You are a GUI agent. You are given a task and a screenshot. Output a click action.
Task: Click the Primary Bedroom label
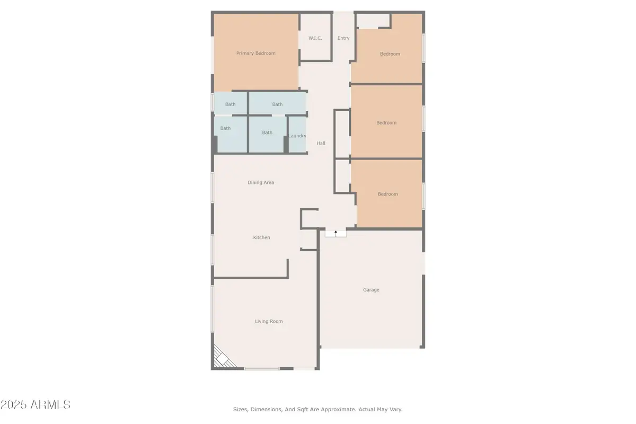pyautogui.click(x=255, y=53)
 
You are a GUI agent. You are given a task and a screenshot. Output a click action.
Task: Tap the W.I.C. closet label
pyautogui.click(x=315, y=38)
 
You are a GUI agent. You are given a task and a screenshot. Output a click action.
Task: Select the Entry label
pyautogui.click(x=343, y=38)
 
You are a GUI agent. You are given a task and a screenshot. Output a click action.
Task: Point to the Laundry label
pyautogui.click(x=297, y=136)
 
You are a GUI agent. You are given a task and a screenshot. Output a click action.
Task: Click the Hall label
pyautogui.click(x=321, y=143)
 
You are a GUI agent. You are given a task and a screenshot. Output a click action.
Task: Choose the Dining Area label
pyautogui.click(x=261, y=182)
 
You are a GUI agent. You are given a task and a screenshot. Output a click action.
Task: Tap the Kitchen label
pyautogui.click(x=261, y=237)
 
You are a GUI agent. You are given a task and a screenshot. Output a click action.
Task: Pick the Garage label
pyautogui.click(x=371, y=290)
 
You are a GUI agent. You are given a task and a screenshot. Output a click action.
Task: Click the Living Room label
pyautogui.click(x=269, y=321)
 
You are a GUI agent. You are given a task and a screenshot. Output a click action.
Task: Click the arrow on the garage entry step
pyautogui.click(x=335, y=232)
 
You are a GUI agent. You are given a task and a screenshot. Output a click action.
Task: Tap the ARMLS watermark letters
pyautogui.click(x=51, y=405)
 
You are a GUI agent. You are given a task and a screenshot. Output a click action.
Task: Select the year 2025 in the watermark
pyautogui.click(x=15, y=405)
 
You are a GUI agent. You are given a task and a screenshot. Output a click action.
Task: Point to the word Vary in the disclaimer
pyautogui.click(x=395, y=409)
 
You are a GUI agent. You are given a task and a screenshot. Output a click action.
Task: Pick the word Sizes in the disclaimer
pyautogui.click(x=241, y=409)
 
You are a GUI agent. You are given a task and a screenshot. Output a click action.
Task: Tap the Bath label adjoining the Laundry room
pyautogui.click(x=267, y=132)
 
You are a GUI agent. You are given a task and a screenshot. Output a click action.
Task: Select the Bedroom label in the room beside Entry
pyautogui.click(x=390, y=54)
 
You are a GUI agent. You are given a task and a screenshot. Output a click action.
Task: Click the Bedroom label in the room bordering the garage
pyautogui.click(x=387, y=194)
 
